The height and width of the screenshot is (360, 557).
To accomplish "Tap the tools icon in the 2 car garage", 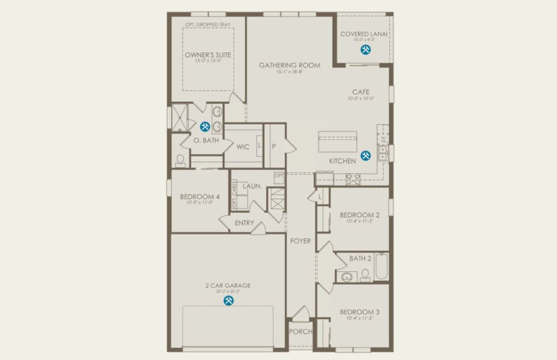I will pos(228,301).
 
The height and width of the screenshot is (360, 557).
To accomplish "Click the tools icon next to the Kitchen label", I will pos(365,156).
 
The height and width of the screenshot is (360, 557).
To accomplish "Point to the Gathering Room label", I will pos(289,65).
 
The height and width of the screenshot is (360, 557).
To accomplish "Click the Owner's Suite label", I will pos(208,55).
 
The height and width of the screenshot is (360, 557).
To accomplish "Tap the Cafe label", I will pos(360,92).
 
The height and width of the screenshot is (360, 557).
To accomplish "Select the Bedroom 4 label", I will pos(200,196).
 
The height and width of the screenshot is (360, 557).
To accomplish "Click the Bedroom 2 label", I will pos(359,215).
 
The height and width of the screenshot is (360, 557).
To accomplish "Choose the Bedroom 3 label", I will pos(359,312).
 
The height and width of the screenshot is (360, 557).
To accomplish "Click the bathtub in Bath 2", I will pos(382,267).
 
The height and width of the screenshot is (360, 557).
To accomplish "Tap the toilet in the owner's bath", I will pos(180,160).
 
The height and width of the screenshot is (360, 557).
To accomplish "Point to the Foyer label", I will pos(300,241).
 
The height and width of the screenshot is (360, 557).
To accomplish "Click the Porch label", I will pos(300,332).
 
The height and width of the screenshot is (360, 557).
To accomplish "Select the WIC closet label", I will pos(243,146).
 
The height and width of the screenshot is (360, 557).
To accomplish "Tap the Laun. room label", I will pos(252,186).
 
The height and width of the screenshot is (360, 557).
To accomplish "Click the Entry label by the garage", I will pos(244,223).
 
